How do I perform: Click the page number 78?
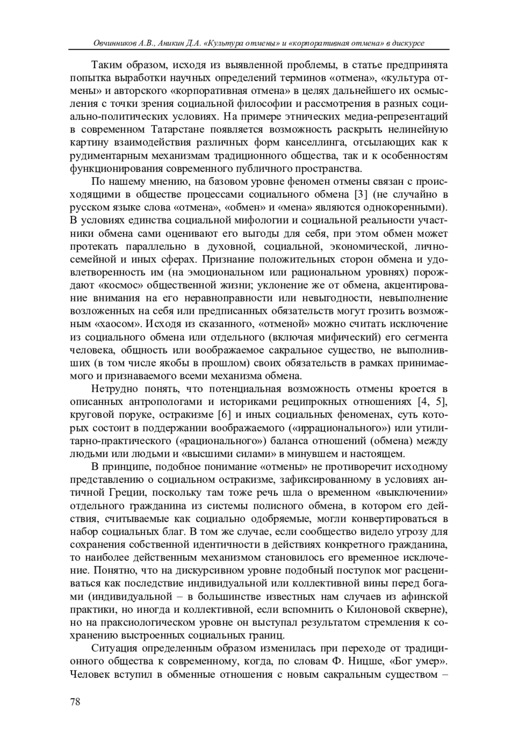tap(75, 702)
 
